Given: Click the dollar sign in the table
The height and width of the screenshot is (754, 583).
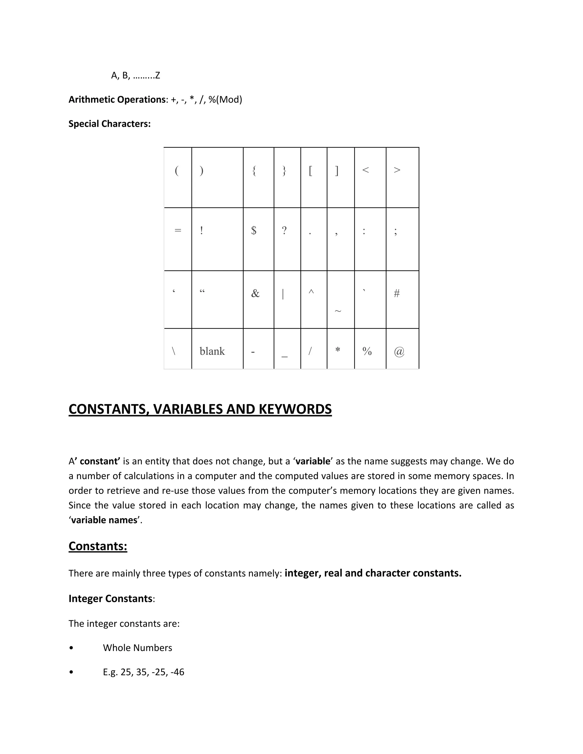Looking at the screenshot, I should tap(254, 230).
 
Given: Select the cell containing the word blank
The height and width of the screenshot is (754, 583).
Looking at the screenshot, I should tap(212, 351).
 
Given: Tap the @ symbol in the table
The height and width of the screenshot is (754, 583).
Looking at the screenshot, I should tap(399, 351).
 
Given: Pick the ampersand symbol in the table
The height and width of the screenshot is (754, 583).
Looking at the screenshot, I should tap(255, 293).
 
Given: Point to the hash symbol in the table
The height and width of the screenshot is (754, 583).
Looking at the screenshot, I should tap(397, 293).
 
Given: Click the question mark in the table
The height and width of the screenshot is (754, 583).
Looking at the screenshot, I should tap(284, 230).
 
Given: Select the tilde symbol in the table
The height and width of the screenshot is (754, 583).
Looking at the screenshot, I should tap(338, 311).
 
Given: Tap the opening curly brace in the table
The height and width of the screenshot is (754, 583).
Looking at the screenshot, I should tap(254, 170).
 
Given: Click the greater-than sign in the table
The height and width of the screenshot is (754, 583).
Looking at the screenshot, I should tap(397, 170).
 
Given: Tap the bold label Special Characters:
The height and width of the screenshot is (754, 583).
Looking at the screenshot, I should tap(110, 123).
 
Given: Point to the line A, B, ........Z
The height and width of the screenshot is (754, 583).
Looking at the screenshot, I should tap(136, 76).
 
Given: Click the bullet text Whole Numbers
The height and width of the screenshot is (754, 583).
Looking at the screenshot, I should tap(137, 648).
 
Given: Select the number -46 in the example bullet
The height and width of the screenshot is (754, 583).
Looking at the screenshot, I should tap(177, 672).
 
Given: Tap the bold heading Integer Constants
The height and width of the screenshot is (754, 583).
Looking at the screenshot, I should tap(110, 599).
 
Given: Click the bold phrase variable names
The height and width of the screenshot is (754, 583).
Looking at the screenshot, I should tap(104, 520).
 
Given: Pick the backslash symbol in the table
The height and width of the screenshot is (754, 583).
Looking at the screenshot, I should tap(173, 351).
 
